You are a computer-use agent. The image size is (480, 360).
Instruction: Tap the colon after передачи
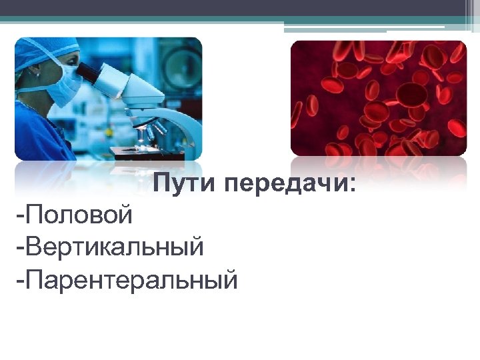[x=352, y=185]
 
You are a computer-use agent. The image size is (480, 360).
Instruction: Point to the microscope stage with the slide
[x=143, y=151]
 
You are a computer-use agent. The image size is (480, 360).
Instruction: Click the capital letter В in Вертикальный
[x=34, y=247]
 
